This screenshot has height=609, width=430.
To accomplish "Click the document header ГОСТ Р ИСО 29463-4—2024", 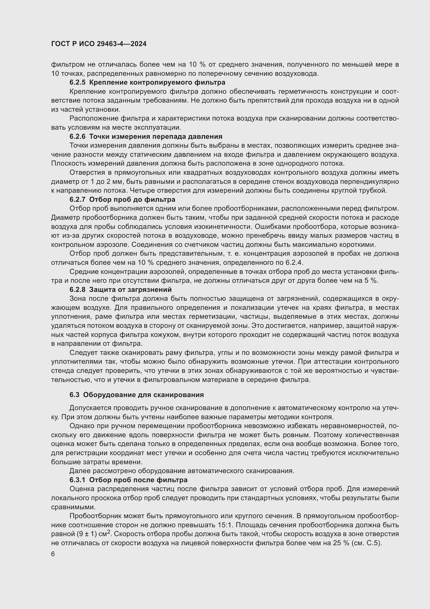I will [x=99, y=44].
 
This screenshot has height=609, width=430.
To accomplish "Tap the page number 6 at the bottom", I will [x=53, y=554].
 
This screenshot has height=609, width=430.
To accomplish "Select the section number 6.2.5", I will [x=77, y=83].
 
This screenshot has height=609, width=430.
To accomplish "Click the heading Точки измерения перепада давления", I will [x=156, y=137].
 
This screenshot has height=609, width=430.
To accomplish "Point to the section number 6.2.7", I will [x=77, y=199].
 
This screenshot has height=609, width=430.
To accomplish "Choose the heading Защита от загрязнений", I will [x=130, y=289].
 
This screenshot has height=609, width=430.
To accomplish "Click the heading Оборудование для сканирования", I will [x=143, y=395].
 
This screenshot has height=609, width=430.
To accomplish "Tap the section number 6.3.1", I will [x=77, y=480].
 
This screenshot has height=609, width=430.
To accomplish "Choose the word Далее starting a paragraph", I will [x=79, y=471].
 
